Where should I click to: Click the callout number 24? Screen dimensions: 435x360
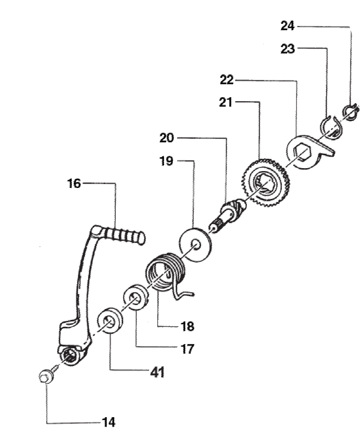pos(287,26)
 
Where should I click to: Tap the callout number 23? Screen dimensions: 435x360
pos(287,49)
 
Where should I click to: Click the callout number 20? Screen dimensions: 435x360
pos(167,138)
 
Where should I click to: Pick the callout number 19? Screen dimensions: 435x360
pos(167,161)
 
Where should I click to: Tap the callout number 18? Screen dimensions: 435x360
pos(188,326)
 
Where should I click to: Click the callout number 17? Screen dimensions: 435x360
pos(188,349)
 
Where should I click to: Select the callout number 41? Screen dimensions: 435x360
pos(157,372)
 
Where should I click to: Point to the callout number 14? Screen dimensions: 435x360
pos(108,423)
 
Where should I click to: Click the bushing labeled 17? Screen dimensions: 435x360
pos(135,298)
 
